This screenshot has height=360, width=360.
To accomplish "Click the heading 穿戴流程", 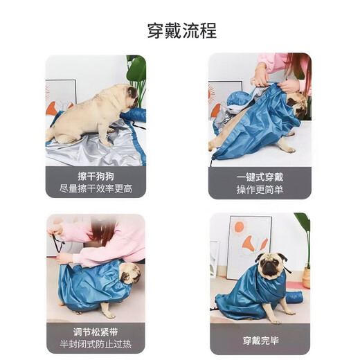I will point(181,31).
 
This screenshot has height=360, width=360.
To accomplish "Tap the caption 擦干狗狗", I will point(96,176).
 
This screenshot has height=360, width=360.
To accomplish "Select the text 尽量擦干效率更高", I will point(96,188).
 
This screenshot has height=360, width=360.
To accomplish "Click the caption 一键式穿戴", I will point(260,177).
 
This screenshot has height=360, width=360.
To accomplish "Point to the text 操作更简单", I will point(260,189).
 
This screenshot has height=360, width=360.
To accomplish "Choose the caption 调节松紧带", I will point(96,332).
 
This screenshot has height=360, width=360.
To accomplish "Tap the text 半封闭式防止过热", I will point(96,344).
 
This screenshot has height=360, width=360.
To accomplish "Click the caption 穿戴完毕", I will point(260,340).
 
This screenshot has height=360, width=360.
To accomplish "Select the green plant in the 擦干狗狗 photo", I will point(136,76).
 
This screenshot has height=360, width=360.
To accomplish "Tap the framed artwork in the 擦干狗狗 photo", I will point(60,97).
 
